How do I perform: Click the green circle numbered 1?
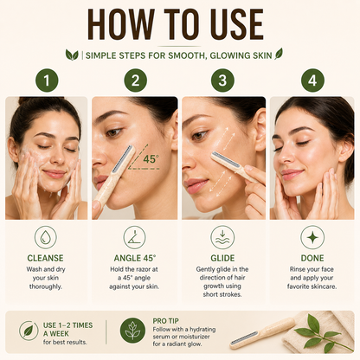click(x=47, y=80)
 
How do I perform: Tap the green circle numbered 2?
click(x=135, y=80)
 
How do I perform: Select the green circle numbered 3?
click(x=222, y=80)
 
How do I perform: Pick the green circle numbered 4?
click(x=312, y=80)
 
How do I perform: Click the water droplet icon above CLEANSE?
click(x=46, y=237)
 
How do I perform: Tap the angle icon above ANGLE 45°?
click(x=134, y=237)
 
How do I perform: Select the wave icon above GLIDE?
click(x=222, y=237)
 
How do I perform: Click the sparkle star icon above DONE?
click(x=312, y=237)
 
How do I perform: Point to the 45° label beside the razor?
click(x=151, y=159)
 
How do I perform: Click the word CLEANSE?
click(x=45, y=258)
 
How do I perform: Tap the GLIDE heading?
click(x=222, y=258)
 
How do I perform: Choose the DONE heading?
click(x=312, y=258)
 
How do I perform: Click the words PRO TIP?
click(x=165, y=321)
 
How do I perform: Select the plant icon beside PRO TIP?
click(x=132, y=331)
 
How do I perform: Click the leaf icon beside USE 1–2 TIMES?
click(x=29, y=331)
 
